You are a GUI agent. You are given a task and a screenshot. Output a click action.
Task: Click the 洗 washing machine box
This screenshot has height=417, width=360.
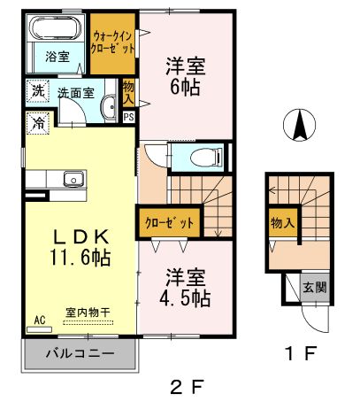[37, 91]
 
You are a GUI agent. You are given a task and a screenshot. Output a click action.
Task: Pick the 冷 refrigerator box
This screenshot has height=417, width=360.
[37, 122]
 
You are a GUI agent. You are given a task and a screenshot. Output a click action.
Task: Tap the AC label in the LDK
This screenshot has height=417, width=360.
[39, 320]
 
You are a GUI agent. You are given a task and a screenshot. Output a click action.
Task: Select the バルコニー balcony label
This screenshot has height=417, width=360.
[80, 356]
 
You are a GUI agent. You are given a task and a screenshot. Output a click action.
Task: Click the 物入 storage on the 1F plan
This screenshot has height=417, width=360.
[282, 224]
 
